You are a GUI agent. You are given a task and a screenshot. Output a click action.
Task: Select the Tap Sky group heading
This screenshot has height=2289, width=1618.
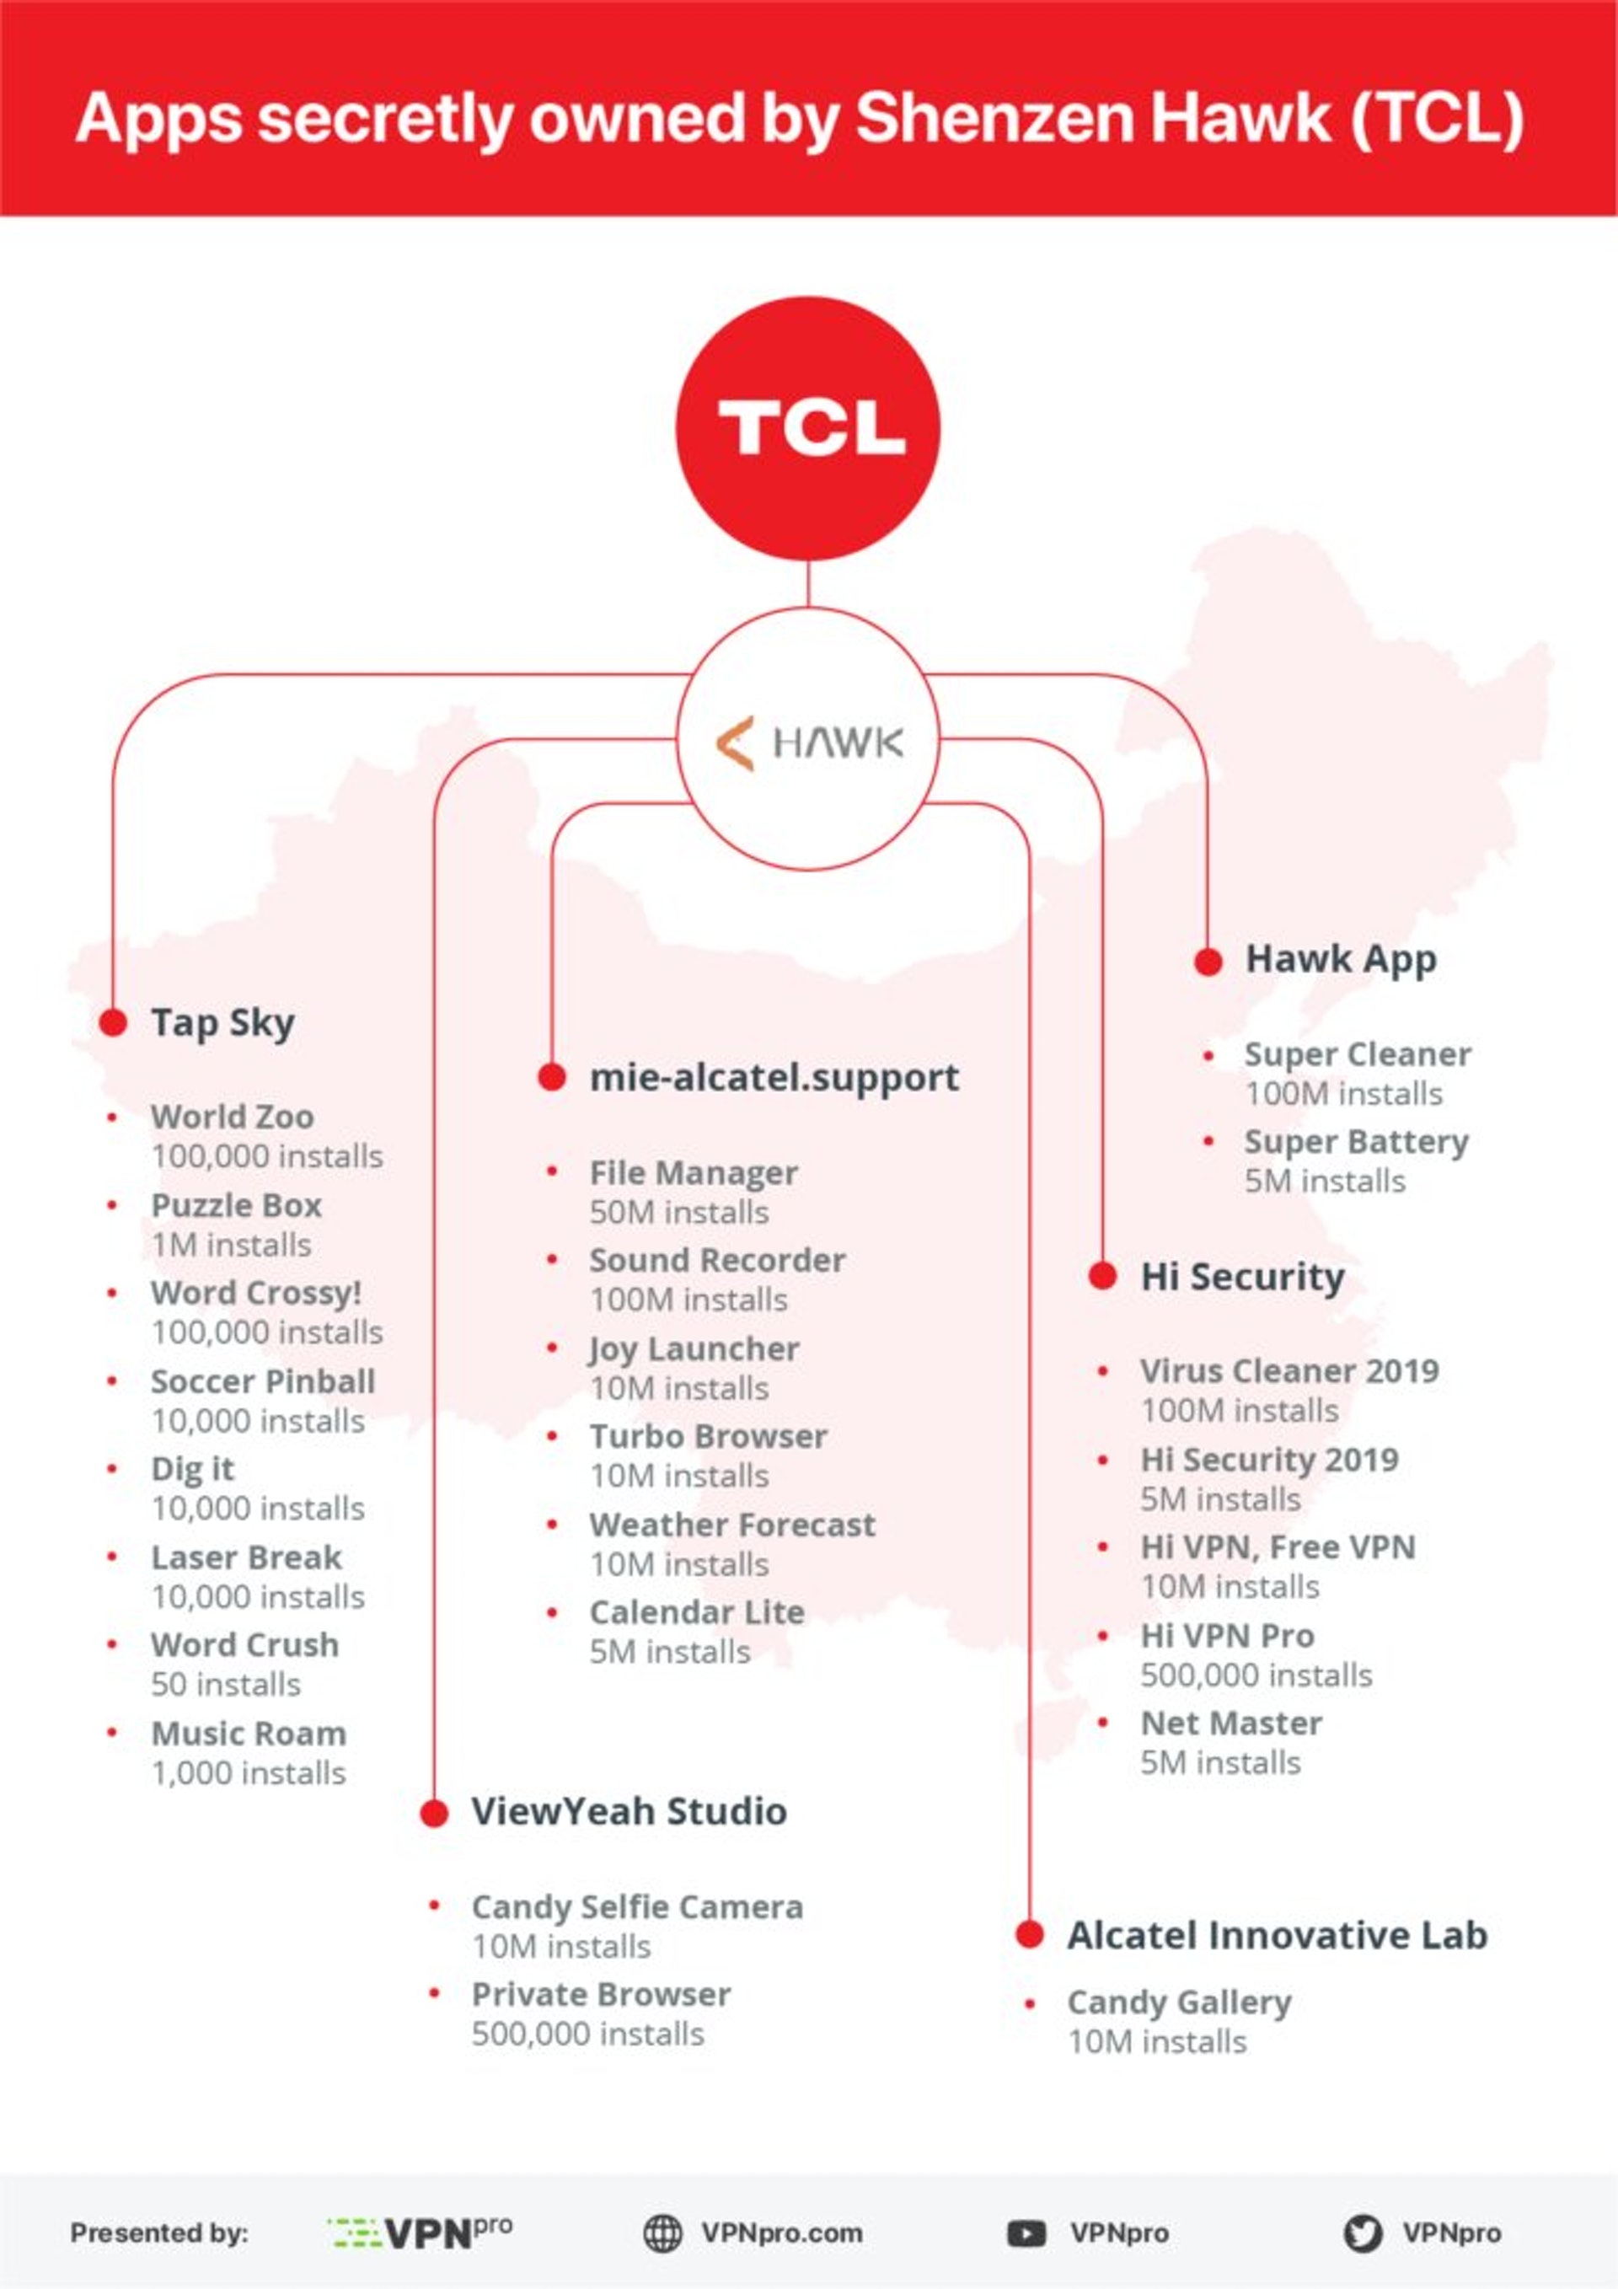click(x=222, y=1023)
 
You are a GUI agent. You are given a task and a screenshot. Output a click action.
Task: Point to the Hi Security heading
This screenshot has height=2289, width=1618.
click(x=1242, y=1276)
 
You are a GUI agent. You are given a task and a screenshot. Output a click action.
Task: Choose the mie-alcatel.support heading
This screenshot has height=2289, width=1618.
click(x=774, y=1077)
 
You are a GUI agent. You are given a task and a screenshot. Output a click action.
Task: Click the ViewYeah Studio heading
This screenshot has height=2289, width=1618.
click(x=629, y=1811)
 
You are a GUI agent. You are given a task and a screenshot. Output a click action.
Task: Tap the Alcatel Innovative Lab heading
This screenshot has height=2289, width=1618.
click(x=1277, y=1935)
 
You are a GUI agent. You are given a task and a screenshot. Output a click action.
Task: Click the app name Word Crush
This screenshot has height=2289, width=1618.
click(x=245, y=1644)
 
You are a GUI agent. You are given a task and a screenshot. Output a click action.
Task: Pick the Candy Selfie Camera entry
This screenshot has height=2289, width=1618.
click(x=637, y=1906)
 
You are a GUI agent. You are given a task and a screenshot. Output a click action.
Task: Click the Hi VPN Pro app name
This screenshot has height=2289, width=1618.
click(x=1227, y=1635)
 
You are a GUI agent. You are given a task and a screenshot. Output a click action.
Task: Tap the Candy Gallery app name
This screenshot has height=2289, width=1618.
click(x=1179, y=2002)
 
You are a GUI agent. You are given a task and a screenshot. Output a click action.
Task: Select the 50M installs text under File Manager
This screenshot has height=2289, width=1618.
click(x=679, y=1212)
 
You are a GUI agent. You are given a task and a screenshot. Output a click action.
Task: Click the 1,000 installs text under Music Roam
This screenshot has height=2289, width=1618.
click(x=249, y=1772)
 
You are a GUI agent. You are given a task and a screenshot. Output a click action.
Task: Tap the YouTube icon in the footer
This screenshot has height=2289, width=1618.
click(x=1026, y=2233)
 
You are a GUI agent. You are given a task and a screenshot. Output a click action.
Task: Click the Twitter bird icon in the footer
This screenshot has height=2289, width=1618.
click(x=1362, y=2233)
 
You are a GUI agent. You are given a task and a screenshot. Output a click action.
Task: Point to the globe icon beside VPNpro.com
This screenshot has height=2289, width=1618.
click(x=663, y=2233)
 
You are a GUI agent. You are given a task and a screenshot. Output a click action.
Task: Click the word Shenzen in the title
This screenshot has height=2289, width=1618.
click(x=994, y=118)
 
